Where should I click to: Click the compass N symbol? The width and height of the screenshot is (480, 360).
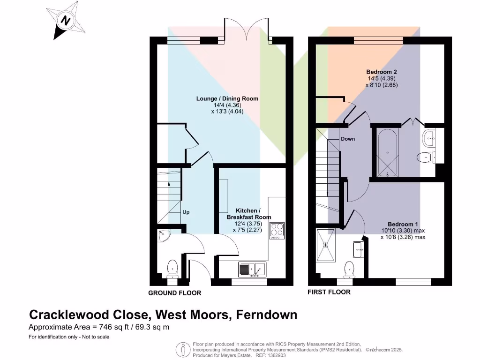(x=66, y=21)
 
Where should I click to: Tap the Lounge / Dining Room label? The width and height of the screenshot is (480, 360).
(x=227, y=99)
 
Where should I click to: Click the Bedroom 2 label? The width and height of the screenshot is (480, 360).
(x=382, y=72)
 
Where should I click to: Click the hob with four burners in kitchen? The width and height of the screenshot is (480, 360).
(x=276, y=231)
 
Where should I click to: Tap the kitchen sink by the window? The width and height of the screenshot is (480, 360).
(x=252, y=270)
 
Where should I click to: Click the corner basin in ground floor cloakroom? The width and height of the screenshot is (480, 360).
(x=165, y=236)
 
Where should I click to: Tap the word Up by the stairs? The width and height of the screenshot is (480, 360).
(x=186, y=212)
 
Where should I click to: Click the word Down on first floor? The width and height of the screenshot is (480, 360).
(x=348, y=139)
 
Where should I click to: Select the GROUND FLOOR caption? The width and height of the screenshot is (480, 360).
(x=175, y=293)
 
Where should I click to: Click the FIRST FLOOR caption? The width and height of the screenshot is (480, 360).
(x=329, y=292)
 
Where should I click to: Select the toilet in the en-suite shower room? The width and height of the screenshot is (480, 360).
(x=349, y=269)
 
